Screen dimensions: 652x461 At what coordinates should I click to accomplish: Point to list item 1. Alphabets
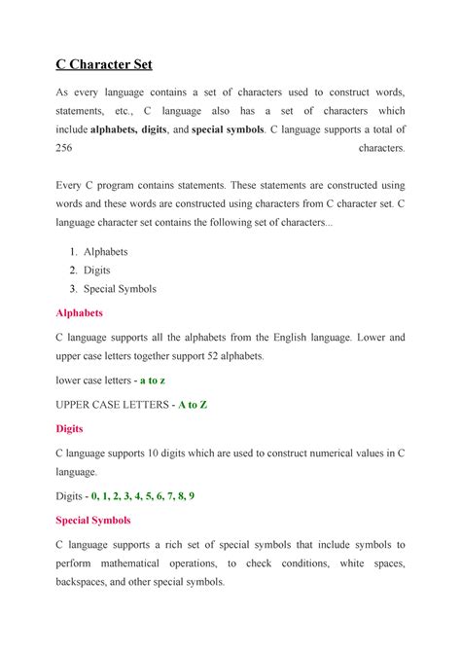(x=97, y=251)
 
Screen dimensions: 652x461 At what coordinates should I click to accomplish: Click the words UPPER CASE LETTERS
(x=113, y=404)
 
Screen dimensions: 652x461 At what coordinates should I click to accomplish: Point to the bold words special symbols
(x=229, y=128)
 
